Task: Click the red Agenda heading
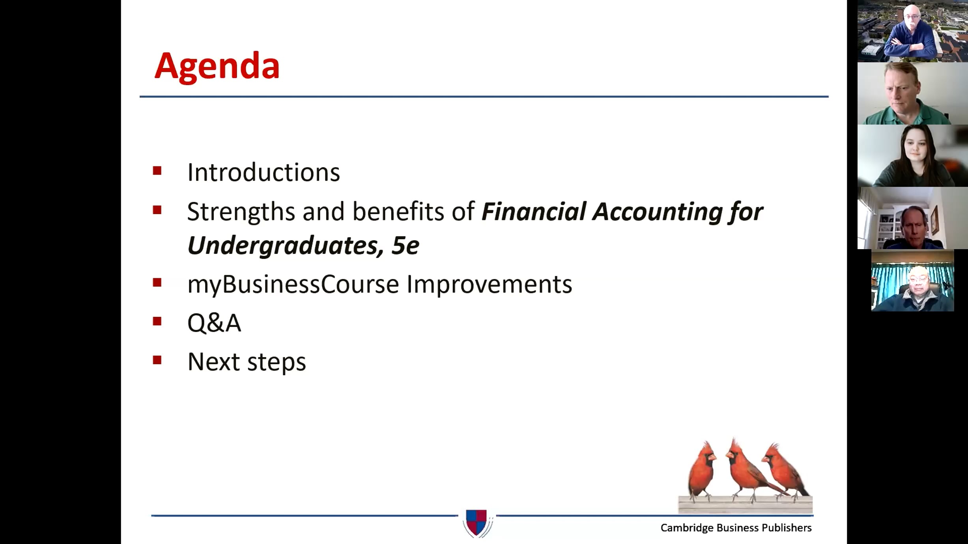(217, 66)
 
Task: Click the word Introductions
(263, 173)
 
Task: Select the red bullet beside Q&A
(157, 321)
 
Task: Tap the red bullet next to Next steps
(157, 360)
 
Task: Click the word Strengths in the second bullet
(241, 212)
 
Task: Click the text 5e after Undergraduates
(405, 246)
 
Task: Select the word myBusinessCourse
(293, 284)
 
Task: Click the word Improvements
(489, 284)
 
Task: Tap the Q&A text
(214, 323)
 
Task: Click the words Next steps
(247, 362)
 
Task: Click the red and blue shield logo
(477, 523)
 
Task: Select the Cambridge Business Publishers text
(736, 528)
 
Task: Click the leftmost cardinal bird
(702, 471)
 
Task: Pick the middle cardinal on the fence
(744, 469)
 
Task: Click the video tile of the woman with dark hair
(912, 156)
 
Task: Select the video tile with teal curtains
(912, 281)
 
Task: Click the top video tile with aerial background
(912, 31)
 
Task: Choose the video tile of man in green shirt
(912, 93)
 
